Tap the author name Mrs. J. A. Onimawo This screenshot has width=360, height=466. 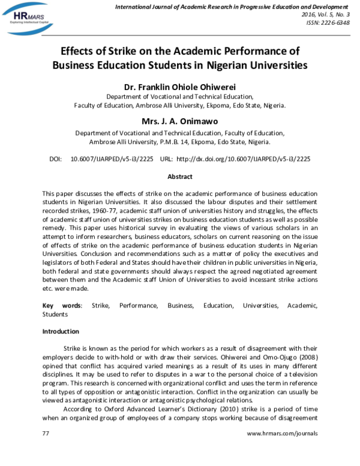179,121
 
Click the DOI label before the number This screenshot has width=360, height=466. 55,159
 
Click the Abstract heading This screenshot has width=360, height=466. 179,177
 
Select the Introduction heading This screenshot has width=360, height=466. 60,331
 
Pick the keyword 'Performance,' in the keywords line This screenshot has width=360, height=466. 138,306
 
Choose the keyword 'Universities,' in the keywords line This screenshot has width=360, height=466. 260,306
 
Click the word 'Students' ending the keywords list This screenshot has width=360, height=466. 55,314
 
